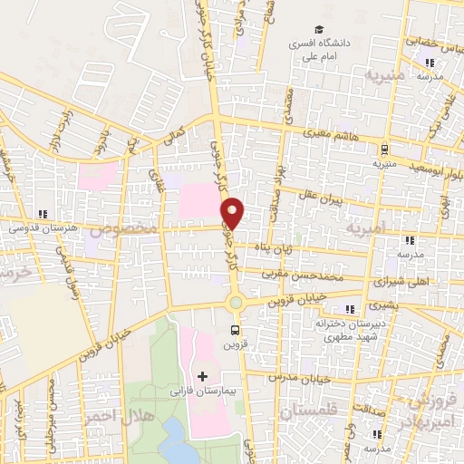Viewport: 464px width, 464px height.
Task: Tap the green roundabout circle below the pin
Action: click(x=236, y=303)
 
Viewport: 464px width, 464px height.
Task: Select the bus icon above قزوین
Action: click(x=236, y=331)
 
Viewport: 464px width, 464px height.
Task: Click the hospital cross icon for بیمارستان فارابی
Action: click(x=202, y=375)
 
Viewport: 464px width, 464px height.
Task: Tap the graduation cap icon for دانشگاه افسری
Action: click(x=318, y=30)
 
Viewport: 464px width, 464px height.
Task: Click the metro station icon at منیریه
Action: click(x=387, y=150)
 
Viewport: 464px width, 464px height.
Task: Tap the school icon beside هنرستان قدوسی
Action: click(x=42, y=215)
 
